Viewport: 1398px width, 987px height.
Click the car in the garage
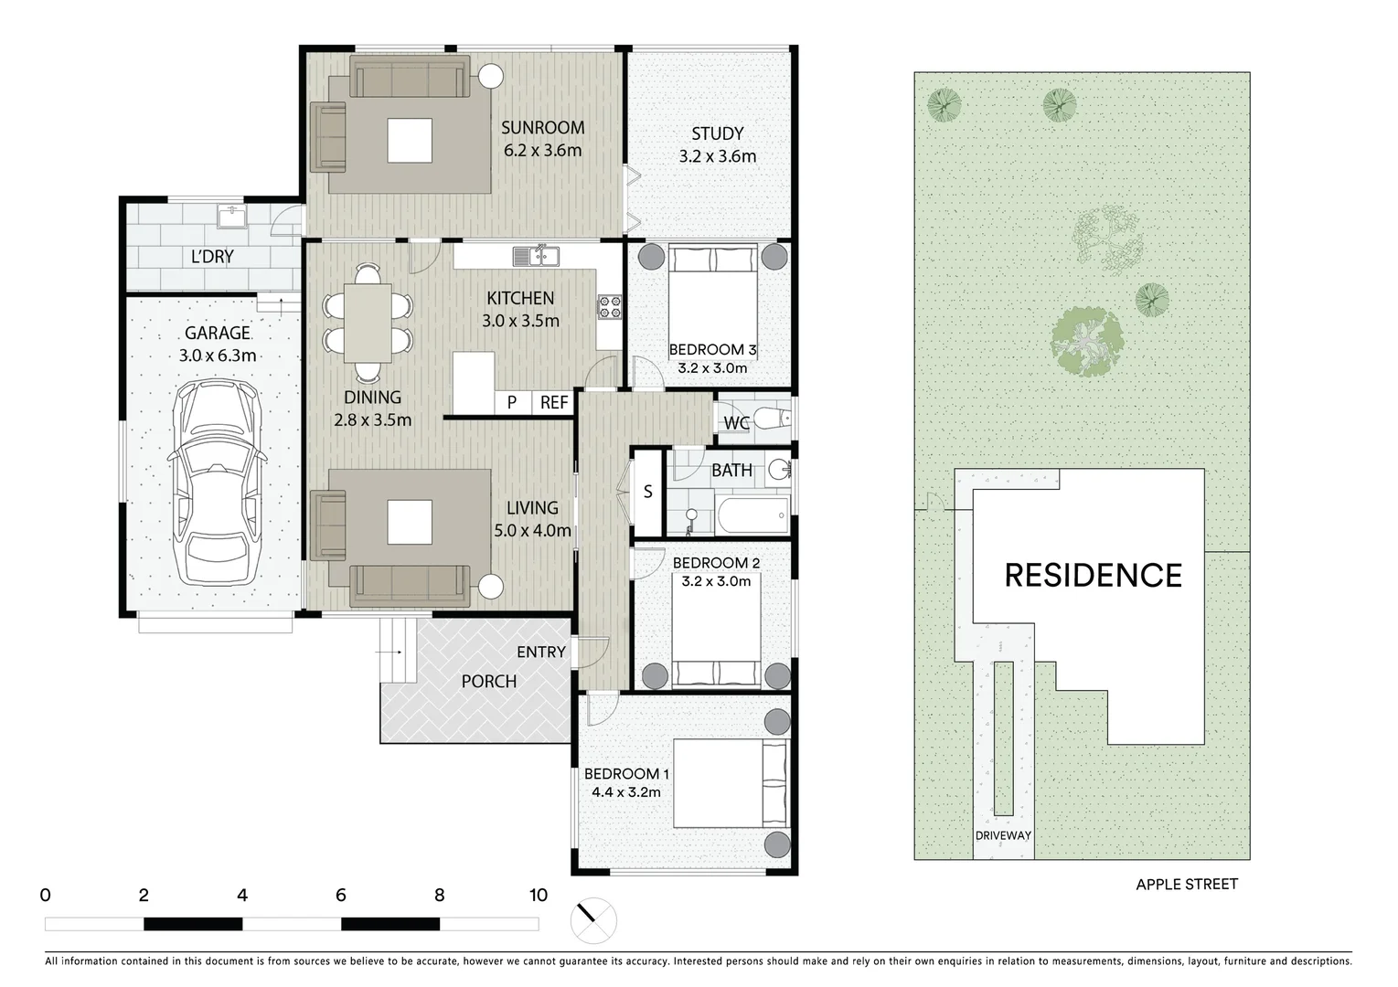click(x=218, y=483)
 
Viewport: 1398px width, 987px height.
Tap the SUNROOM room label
click(x=542, y=128)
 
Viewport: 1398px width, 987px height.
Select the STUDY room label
click(x=717, y=133)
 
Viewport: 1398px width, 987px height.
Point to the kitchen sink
click(x=536, y=256)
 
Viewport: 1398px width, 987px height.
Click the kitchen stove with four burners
click(x=610, y=306)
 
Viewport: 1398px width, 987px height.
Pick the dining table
click(x=368, y=323)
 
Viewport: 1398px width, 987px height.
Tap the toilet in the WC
click(x=772, y=418)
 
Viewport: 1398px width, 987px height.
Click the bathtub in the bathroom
click(x=753, y=515)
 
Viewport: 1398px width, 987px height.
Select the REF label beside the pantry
click(x=553, y=403)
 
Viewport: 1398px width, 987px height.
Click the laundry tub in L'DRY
click(x=231, y=218)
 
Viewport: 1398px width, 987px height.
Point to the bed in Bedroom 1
click(x=731, y=783)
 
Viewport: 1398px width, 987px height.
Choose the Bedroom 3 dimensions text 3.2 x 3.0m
click(x=712, y=368)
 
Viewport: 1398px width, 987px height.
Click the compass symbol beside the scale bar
click(x=593, y=920)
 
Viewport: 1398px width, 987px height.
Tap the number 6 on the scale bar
click(x=341, y=896)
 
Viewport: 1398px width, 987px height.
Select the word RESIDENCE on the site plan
click(x=1093, y=575)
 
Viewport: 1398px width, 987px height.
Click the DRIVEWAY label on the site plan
click(x=1003, y=835)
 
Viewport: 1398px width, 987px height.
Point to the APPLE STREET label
click(x=1187, y=884)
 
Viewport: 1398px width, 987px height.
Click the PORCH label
click(x=488, y=681)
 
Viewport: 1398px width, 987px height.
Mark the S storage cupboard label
click(x=648, y=492)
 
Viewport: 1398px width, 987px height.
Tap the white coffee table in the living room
click(x=410, y=522)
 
